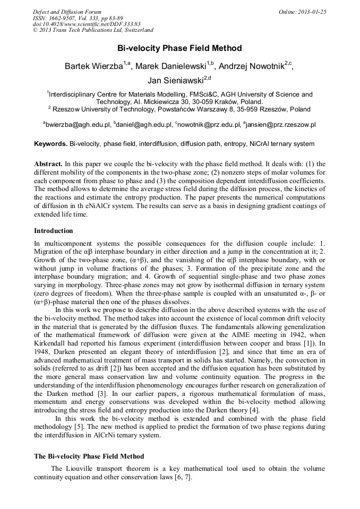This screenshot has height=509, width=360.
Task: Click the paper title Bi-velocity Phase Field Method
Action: (179, 48)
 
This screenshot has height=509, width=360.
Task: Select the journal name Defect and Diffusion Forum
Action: (67, 12)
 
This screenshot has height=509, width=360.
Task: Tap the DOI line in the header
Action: (87, 24)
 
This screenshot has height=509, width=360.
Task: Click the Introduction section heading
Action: (54, 231)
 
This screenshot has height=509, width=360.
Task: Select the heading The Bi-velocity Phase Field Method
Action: (89, 456)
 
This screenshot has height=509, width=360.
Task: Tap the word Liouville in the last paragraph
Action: (79, 469)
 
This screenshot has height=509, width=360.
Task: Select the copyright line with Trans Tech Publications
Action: (93, 31)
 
